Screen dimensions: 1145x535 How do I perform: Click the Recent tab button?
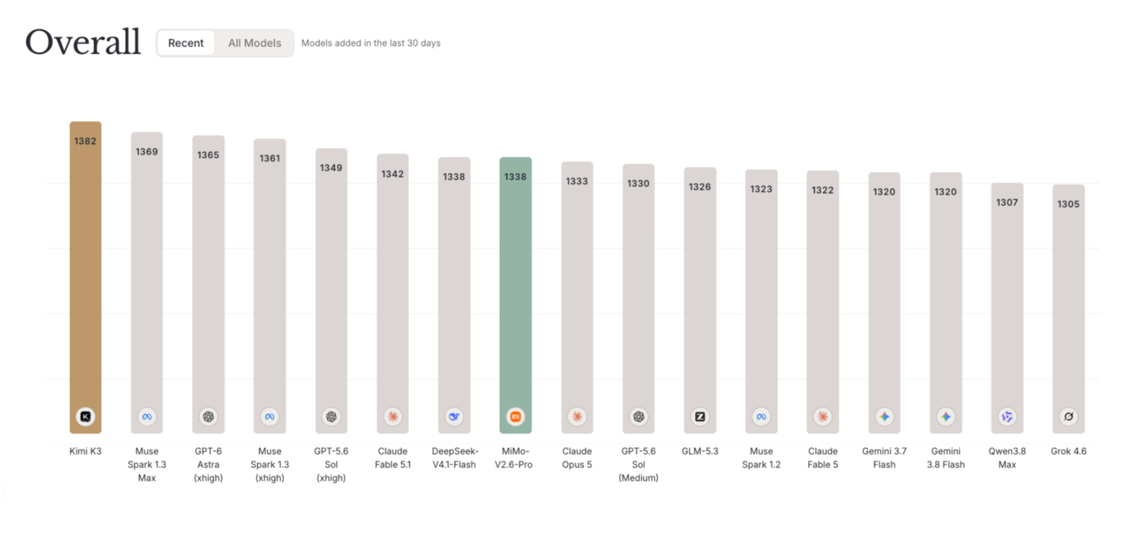coord(186,43)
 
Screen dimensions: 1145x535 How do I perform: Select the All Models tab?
coord(255,43)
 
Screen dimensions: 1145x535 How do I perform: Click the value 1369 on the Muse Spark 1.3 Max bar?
coord(147,152)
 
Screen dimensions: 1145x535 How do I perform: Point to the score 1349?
coord(331,168)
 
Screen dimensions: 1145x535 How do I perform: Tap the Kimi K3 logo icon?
coord(85,417)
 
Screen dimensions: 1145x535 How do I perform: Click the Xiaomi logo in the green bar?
coord(516,417)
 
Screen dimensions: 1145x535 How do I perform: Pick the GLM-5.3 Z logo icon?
coord(700,417)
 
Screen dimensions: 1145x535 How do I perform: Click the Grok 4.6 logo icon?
coord(1069,417)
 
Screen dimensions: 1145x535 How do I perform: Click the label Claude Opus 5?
coord(577,458)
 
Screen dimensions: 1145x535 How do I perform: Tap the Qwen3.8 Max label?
coord(1007,458)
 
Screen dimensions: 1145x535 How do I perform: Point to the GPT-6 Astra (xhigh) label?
coord(208,464)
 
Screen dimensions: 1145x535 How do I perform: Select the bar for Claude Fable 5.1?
coord(392,293)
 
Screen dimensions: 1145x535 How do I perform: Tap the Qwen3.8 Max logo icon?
coord(1007,417)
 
